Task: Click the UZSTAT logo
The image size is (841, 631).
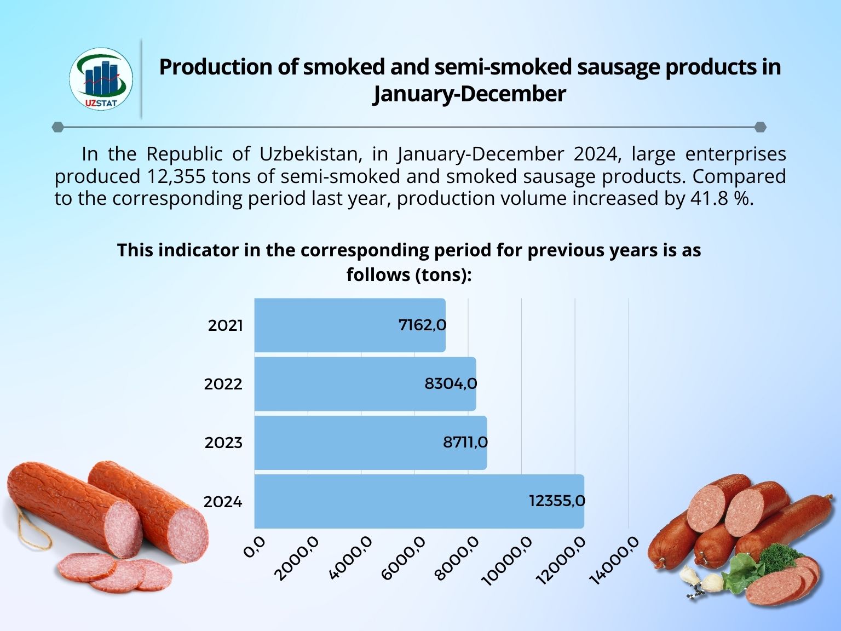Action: click(101, 79)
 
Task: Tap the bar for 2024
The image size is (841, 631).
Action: click(383, 501)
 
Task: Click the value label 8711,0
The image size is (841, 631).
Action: click(465, 442)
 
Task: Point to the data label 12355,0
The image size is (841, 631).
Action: click(557, 501)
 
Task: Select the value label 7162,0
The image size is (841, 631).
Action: click(422, 325)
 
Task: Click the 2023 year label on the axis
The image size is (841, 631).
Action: click(223, 443)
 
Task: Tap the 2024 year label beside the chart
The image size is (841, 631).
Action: click(223, 502)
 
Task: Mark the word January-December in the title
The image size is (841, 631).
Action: click(469, 94)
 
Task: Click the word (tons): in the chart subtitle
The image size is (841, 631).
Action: click(443, 274)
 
